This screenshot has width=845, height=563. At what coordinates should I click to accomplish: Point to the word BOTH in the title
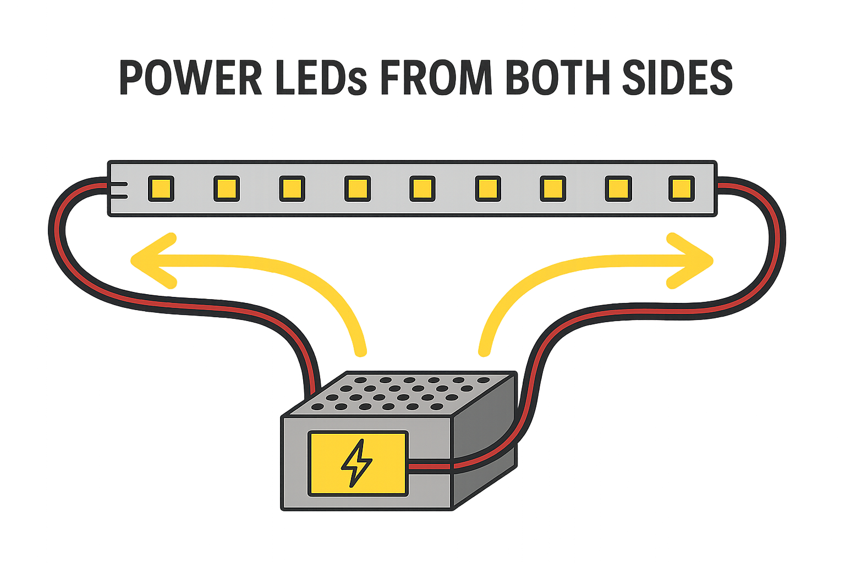[x=557, y=78]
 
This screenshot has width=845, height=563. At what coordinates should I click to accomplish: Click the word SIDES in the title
[x=677, y=78]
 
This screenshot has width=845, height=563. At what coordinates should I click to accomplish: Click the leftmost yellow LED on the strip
[x=161, y=189]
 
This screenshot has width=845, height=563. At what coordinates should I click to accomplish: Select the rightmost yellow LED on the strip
[x=682, y=189]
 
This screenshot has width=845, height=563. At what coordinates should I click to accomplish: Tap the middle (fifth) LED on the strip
[x=422, y=189]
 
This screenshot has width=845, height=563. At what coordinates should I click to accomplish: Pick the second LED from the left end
[x=226, y=189]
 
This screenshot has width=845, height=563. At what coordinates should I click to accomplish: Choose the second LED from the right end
[x=618, y=189]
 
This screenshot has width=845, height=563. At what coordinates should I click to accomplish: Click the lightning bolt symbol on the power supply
[x=356, y=463]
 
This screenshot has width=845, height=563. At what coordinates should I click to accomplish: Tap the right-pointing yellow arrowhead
[x=691, y=261]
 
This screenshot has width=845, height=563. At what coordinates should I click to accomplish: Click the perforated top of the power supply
[x=402, y=393]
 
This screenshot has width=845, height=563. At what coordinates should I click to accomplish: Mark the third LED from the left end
[x=292, y=189]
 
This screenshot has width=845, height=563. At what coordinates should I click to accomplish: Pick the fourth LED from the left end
[x=357, y=189]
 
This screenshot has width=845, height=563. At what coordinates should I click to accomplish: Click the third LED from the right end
[x=553, y=189]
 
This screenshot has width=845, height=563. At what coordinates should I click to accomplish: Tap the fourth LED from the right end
[x=487, y=189]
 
